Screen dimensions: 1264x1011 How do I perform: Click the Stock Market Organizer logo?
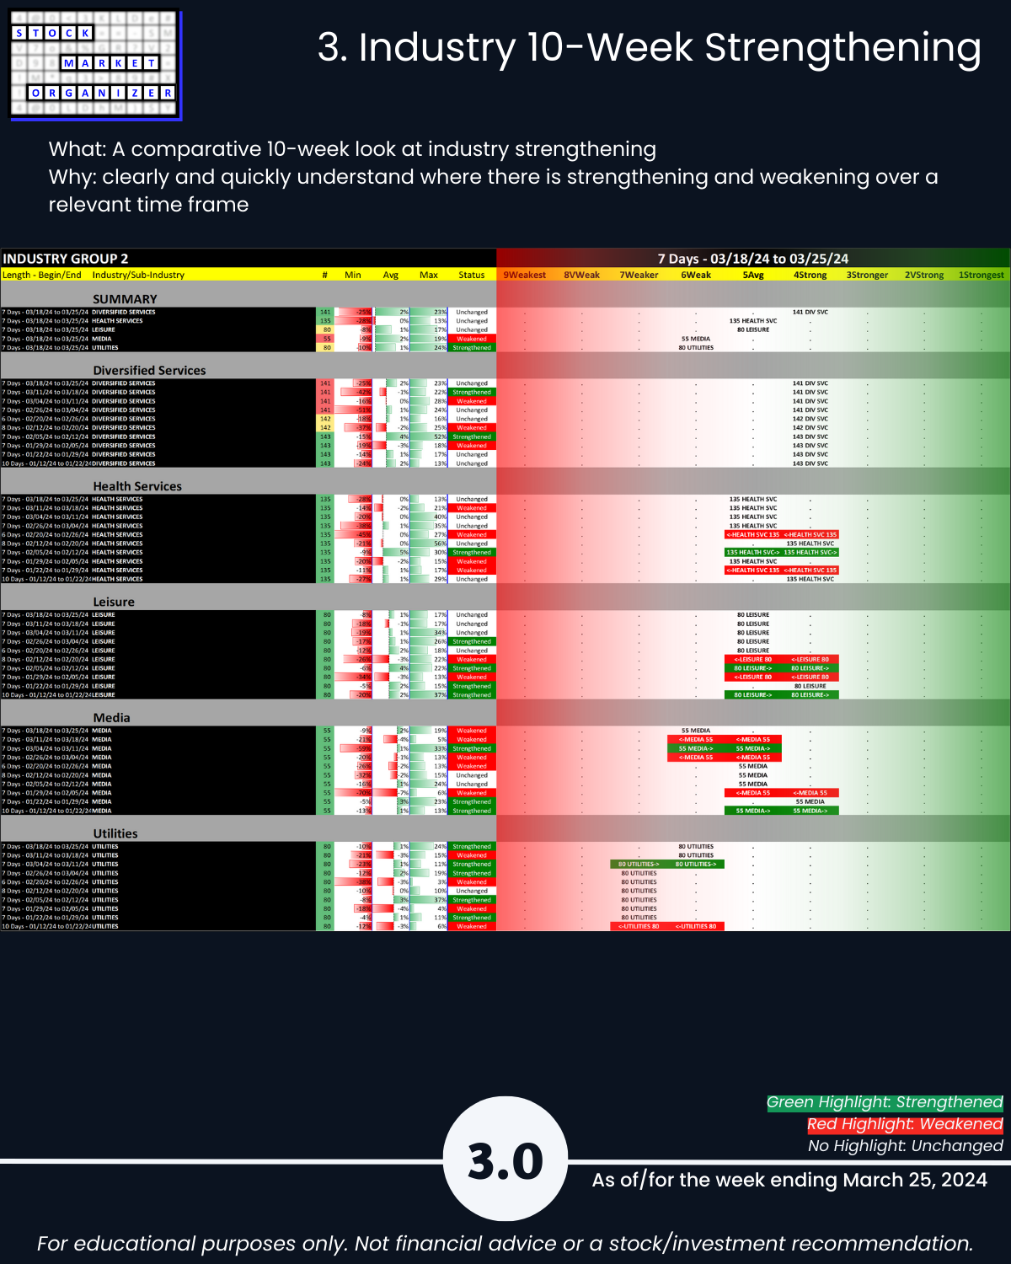tap(95, 65)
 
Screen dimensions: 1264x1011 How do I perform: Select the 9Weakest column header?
tap(524, 275)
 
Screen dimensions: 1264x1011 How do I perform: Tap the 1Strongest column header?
tap(981, 275)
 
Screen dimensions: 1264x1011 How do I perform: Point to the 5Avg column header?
tap(753, 275)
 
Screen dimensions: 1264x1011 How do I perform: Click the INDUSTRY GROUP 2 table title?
tap(66, 259)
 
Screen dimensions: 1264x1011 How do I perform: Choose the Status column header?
tap(472, 275)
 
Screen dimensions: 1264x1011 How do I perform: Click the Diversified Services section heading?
tap(149, 370)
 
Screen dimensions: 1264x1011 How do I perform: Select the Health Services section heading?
tap(137, 486)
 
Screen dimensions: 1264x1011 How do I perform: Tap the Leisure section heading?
tap(114, 602)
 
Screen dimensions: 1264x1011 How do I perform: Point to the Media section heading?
tap(112, 717)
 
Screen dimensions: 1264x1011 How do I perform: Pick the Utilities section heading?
tap(115, 833)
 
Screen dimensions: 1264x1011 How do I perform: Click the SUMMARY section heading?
tap(125, 299)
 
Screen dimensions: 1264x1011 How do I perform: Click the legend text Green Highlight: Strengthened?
tap(885, 1102)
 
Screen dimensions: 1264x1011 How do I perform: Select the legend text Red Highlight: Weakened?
tap(905, 1124)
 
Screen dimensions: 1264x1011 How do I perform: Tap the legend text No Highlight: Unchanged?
tap(905, 1146)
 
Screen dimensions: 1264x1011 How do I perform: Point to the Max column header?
tap(429, 275)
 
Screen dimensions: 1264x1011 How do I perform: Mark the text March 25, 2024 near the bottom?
tap(915, 1180)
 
